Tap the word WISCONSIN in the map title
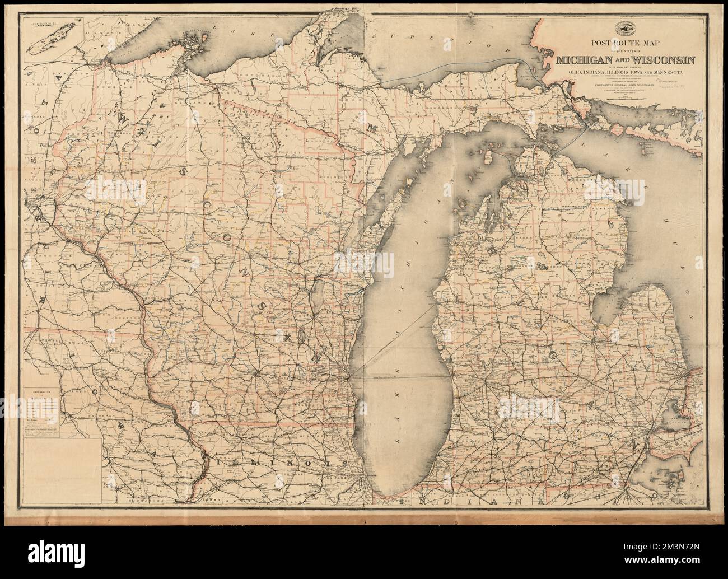pos(661,60)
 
